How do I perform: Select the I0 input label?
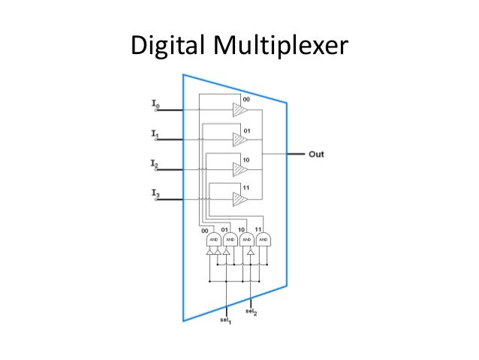pyautogui.click(x=155, y=104)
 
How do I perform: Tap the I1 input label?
pyautogui.click(x=155, y=135)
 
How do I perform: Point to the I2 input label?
pyautogui.click(x=155, y=164)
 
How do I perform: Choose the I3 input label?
pyautogui.click(x=155, y=195)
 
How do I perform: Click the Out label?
pyautogui.click(x=316, y=154)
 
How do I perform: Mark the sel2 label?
pyautogui.click(x=251, y=310)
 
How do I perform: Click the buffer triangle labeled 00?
pyautogui.click(x=239, y=110)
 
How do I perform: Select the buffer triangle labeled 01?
pyautogui.click(x=239, y=139)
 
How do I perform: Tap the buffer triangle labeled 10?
pyautogui.click(x=239, y=169)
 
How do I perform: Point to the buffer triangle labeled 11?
pyautogui.click(x=239, y=199)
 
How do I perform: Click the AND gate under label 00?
pyautogui.click(x=212, y=241)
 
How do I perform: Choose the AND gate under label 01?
pyautogui.click(x=229, y=241)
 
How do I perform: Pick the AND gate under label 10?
pyautogui.click(x=246, y=241)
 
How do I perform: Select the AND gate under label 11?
pyautogui.click(x=263, y=241)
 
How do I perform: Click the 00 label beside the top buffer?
pyautogui.click(x=246, y=98)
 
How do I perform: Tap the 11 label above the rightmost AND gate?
pyautogui.click(x=259, y=228)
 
